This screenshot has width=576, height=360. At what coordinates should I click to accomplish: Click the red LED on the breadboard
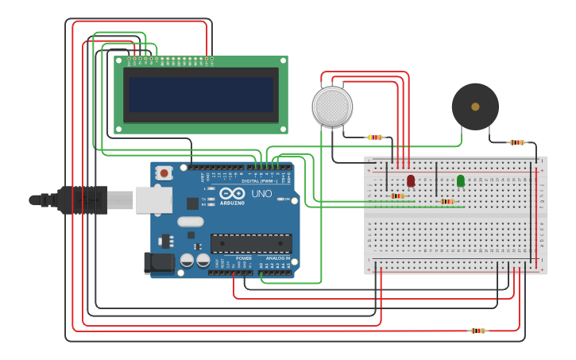click(411, 180)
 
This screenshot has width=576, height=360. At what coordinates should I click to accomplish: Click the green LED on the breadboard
click(461, 180)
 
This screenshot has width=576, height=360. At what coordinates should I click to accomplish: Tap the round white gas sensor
click(332, 106)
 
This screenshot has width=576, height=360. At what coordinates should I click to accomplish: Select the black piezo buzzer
click(475, 106)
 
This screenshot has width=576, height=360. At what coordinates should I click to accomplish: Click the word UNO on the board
click(261, 194)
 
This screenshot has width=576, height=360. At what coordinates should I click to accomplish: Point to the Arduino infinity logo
click(232, 193)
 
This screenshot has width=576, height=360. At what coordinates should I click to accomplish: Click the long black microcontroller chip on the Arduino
click(250, 243)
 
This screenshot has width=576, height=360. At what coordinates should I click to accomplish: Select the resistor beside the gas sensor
click(375, 137)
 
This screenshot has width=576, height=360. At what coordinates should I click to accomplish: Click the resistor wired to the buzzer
click(517, 142)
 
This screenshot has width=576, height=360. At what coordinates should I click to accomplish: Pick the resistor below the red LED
click(397, 195)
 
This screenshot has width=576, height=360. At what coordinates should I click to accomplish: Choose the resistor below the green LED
click(447, 201)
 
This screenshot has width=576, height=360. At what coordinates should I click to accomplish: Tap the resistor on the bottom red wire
click(477, 331)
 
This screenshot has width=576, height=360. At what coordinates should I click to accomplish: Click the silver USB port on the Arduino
click(153, 200)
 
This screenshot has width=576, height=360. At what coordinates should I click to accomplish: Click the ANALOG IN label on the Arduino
click(277, 258)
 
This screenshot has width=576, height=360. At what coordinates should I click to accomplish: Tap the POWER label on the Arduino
click(244, 258)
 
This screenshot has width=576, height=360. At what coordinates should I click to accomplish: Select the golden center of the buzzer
click(475, 106)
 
